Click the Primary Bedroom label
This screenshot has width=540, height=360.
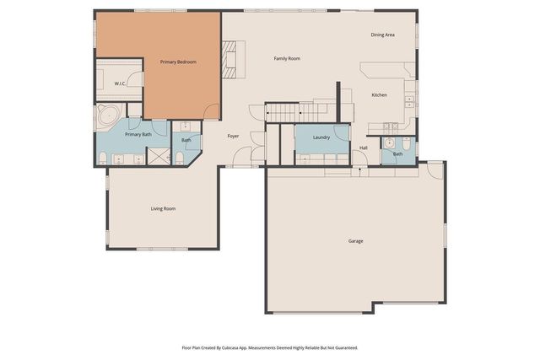coord(178,62)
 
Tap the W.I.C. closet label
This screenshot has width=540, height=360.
coord(120,84)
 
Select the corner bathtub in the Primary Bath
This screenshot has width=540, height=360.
coord(106,118)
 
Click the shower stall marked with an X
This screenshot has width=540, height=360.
coord(157,156)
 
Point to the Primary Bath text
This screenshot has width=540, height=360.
coord(138,135)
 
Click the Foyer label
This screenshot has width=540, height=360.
coord(233,136)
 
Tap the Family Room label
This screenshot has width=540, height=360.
coord(287,59)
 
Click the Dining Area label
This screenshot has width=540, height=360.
coord(382,35)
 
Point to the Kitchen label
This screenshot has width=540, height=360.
coord(380,95)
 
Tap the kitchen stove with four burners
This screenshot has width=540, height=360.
coord(391,127)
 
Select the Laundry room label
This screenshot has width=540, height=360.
coord(321,137)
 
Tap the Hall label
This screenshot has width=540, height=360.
coord(364,148)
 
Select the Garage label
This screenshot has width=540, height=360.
coord(355,241)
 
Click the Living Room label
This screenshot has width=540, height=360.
coord(163,208)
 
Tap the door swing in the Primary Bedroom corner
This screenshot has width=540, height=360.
coord(211,110)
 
